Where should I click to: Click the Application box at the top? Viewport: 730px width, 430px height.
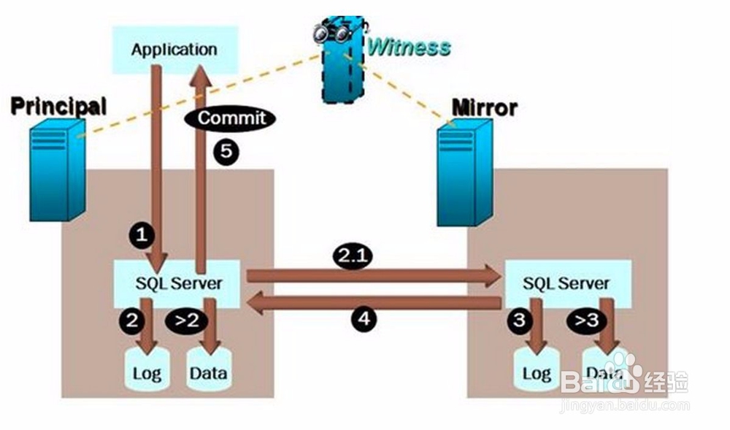(174, 50)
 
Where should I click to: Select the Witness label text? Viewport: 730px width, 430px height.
(409, 47)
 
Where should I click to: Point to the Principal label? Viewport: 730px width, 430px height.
(58, 106)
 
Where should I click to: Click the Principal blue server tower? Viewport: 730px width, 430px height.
(57, 172)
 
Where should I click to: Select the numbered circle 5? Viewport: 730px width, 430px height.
(227, 152)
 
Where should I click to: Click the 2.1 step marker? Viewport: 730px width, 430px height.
(353, 256)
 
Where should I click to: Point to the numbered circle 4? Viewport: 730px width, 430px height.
(362, 318)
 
